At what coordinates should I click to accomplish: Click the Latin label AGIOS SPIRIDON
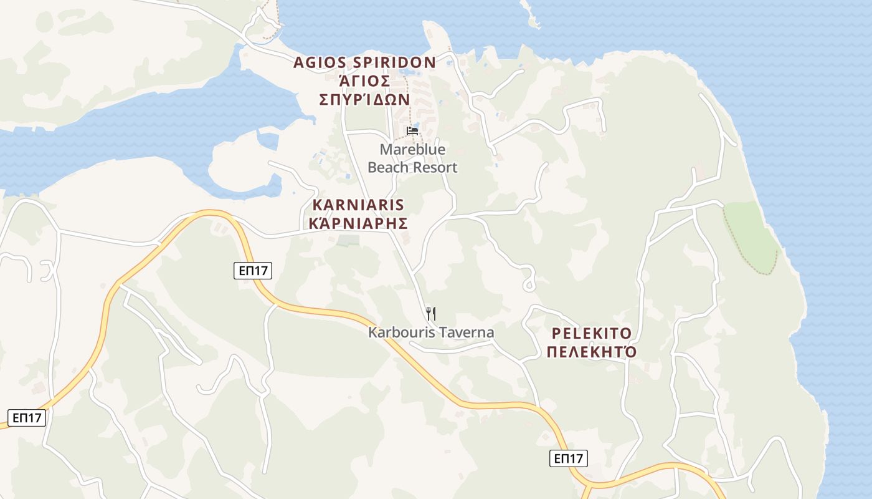[364, 62]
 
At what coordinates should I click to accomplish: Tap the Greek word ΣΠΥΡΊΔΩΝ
[364, 100]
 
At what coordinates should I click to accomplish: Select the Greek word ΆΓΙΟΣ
[364, 81]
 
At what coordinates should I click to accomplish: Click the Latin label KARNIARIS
[358, 205]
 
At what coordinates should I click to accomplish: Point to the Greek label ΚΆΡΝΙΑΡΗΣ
[358, 223]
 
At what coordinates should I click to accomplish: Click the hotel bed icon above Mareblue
[412, 131]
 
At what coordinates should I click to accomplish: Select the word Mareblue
[412, 150]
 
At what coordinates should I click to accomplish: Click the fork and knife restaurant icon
[430, 313]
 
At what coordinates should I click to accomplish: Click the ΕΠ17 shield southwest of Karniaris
[253, 271]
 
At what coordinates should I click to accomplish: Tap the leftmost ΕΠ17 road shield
[27, 417]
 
